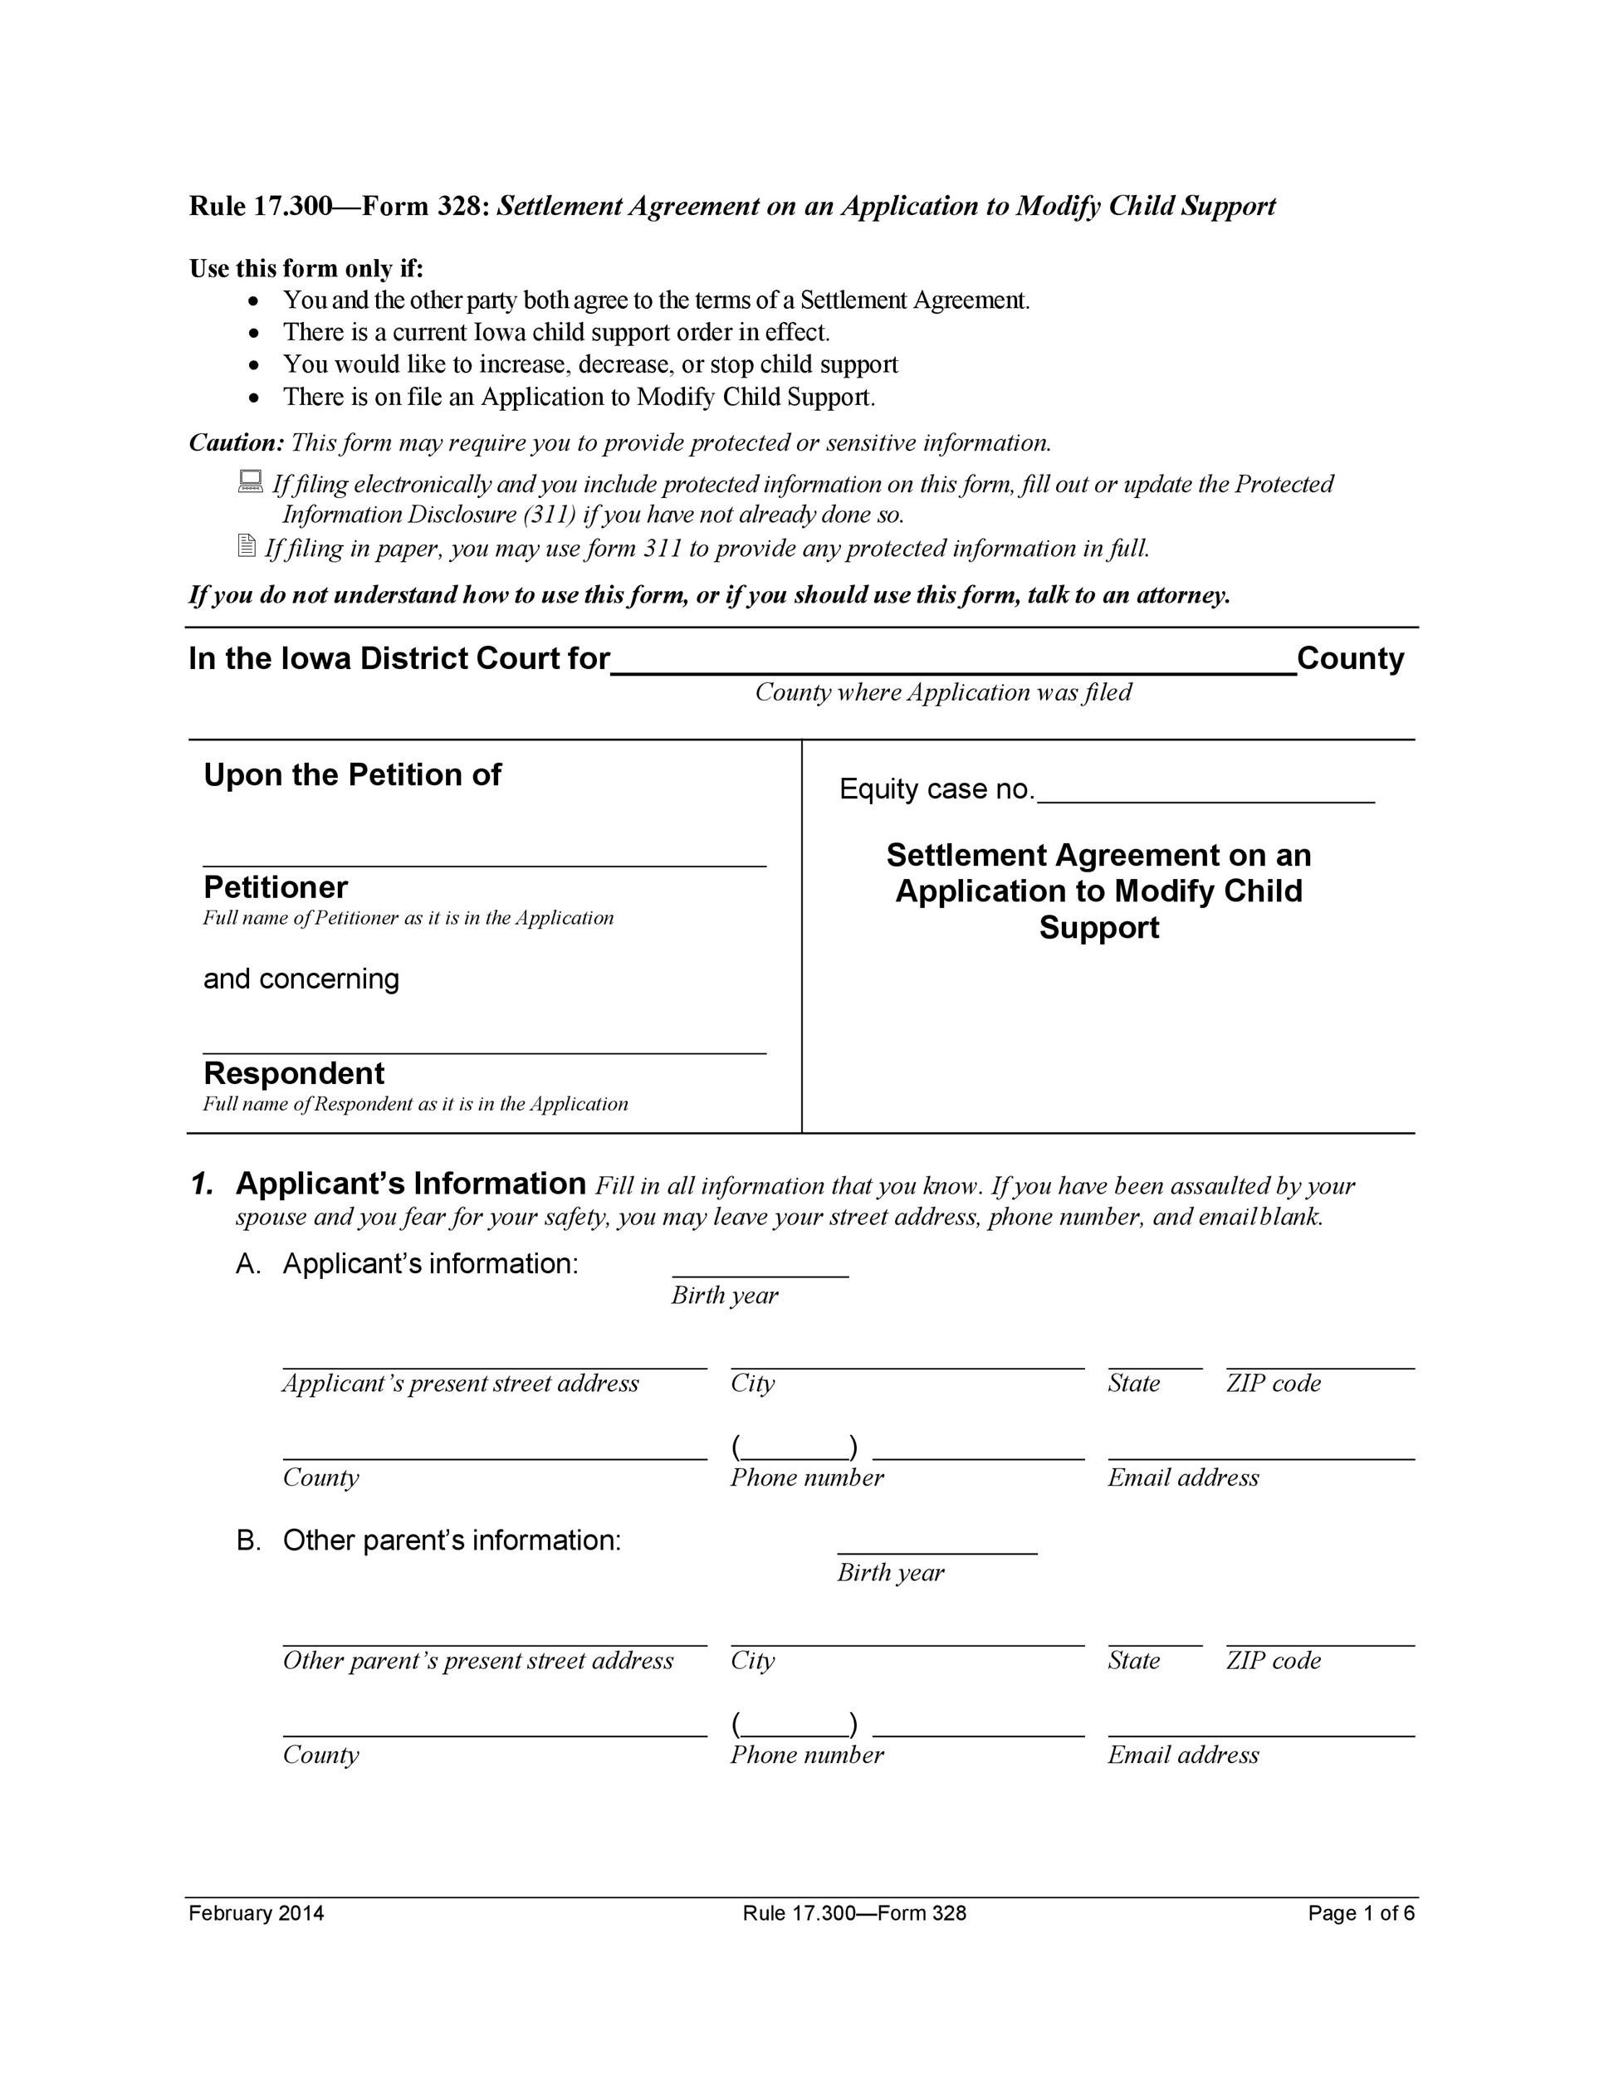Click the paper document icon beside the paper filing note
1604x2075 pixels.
pyautogui.click(x=246, y=545)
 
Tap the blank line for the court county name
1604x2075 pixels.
pyautogui.click(x=952, y=665)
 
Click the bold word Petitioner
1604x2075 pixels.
pyautogui.click(x=276, y=887)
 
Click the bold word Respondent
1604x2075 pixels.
pyautogui.click(x=294, y=1073)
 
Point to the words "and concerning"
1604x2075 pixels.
pyautogui.click(x=301, y=979)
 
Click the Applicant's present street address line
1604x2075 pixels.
pyautogui.click(x=494, y=1361)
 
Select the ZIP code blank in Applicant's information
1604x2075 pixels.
pyautogui.click(x=1319, y=1361)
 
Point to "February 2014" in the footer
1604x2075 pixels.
pyautogui.click(x=256, y=1913)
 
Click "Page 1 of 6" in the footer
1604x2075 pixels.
pyautogui.click(x=1360, y=1913)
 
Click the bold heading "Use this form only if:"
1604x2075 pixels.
pyautogui.click(x=306, y=269)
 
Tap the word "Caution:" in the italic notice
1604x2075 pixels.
pyautogui.click(x=237, y=442)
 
